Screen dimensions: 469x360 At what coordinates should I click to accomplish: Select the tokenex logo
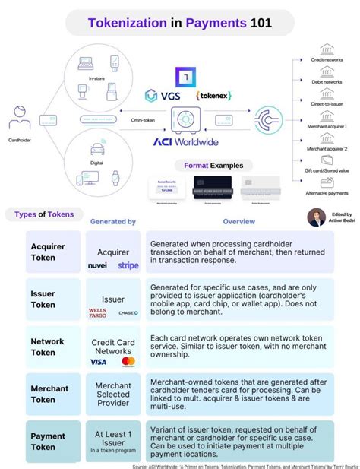[213, 97]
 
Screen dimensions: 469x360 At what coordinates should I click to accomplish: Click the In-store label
[96, 77]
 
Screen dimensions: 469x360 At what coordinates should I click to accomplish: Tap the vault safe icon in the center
[185, 119]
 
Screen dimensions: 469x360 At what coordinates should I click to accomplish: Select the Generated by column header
[113, 221]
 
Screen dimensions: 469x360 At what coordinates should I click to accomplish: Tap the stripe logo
[128, 265]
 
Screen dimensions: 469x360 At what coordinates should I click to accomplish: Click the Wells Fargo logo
[98, 312]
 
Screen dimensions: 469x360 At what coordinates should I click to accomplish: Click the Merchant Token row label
[49, 394]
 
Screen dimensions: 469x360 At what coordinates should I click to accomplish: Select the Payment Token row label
[47, 442]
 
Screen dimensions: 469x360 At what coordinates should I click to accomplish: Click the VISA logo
[99, 361]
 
